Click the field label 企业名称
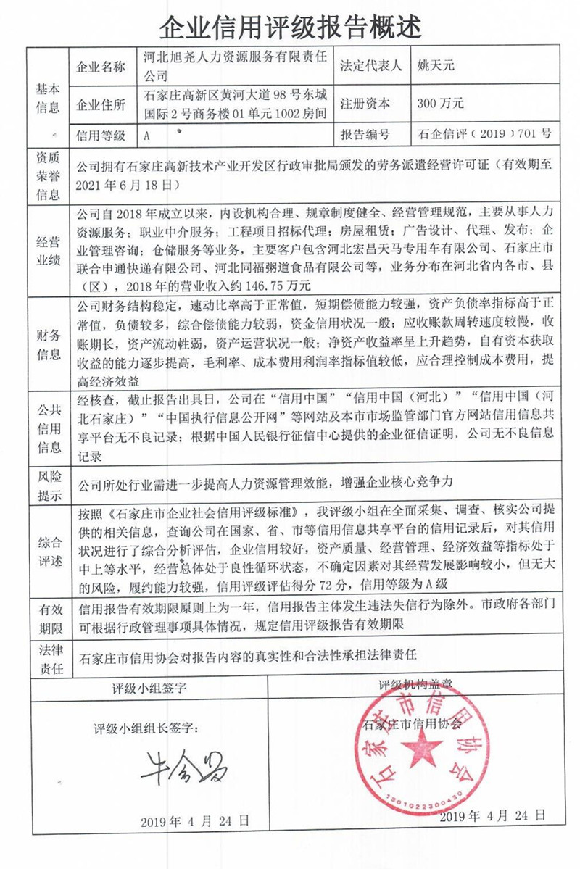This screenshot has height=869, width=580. coord(101,67)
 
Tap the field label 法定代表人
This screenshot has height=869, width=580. coord(370,66)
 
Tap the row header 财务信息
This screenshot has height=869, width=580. coord(48,344)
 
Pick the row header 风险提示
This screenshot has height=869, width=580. coord(48,486)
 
